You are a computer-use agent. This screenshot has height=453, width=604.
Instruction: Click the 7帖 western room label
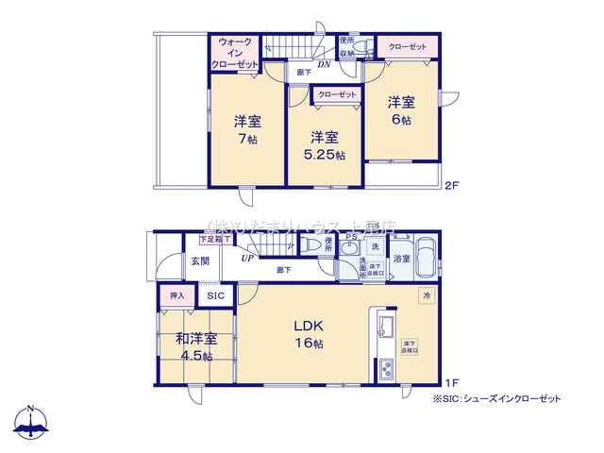tap(248, 129)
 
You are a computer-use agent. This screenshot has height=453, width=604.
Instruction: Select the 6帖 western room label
tap(400, 110)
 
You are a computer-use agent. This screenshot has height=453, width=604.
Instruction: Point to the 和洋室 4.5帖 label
tap(195, 346)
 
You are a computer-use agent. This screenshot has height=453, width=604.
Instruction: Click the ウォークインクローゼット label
tap(235, 53)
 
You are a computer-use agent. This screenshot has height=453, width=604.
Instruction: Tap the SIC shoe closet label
tap(216, 296)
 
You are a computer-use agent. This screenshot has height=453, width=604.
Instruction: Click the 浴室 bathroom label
tap(402, 258)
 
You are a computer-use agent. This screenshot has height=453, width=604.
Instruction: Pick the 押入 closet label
tap(176, 295)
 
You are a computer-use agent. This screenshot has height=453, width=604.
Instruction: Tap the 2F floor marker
tap(451, 186)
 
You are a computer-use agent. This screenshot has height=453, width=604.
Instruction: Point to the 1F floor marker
tap(451, 382)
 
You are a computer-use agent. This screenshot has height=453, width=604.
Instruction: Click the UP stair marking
tap(246, 257)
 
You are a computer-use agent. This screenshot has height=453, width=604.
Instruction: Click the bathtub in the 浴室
tap(428, 257)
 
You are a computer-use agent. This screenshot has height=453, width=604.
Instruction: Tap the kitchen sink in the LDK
tap(386, 327)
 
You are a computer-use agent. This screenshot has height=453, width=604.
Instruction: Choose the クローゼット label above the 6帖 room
tap(406, 46)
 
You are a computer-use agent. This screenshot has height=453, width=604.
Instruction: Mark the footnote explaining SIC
tap(496, 399)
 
